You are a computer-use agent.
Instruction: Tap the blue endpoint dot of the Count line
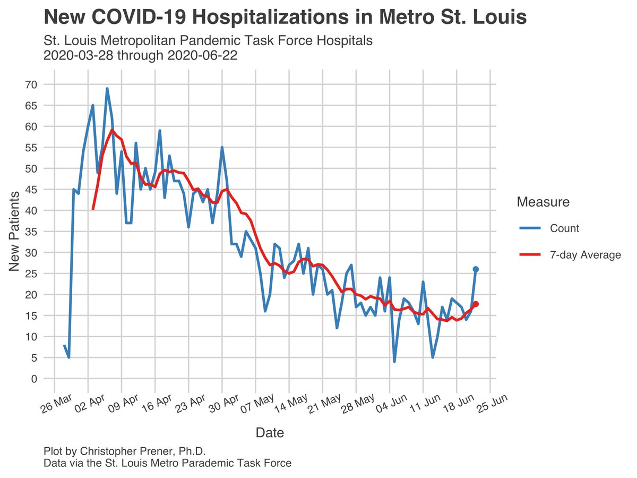[x=476, y=269]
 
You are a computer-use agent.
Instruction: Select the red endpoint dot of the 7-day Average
[x=476, y=304]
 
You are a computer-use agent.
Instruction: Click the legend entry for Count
[x=564, y=228]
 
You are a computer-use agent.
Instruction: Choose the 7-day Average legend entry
[x=585, y=255]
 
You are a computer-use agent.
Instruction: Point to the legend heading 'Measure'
[x=543, y=202]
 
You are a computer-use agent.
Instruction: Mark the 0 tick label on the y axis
[x=33, y=379]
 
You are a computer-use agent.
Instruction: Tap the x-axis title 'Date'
[x=270, y=433]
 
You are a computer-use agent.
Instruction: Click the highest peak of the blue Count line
[x=107, y=89]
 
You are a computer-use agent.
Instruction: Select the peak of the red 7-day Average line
[x=112, y=130]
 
